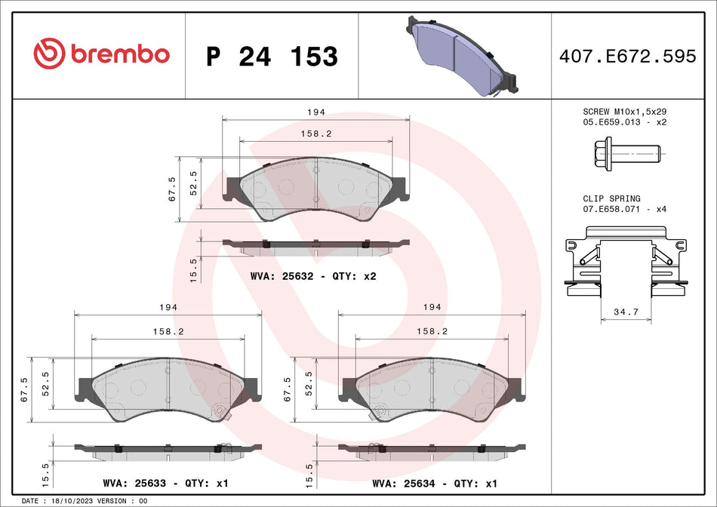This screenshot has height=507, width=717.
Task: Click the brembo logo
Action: coord(102,54)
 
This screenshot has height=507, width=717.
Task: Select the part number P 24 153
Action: coord(272,57)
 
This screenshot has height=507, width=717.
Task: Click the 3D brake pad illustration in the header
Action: coord(458,54)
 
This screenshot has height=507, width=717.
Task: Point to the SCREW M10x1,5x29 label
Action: coord(626,112)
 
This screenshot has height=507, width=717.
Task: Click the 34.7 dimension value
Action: coord(626,312)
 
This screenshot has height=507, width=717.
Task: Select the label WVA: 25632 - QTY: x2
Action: coord(312,276)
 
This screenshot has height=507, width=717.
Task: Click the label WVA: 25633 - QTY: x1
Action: coord(164,483)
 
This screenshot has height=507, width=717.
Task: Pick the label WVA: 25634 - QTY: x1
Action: coord(433,483)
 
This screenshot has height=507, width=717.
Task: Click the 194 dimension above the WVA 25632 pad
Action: coord(315,112)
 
